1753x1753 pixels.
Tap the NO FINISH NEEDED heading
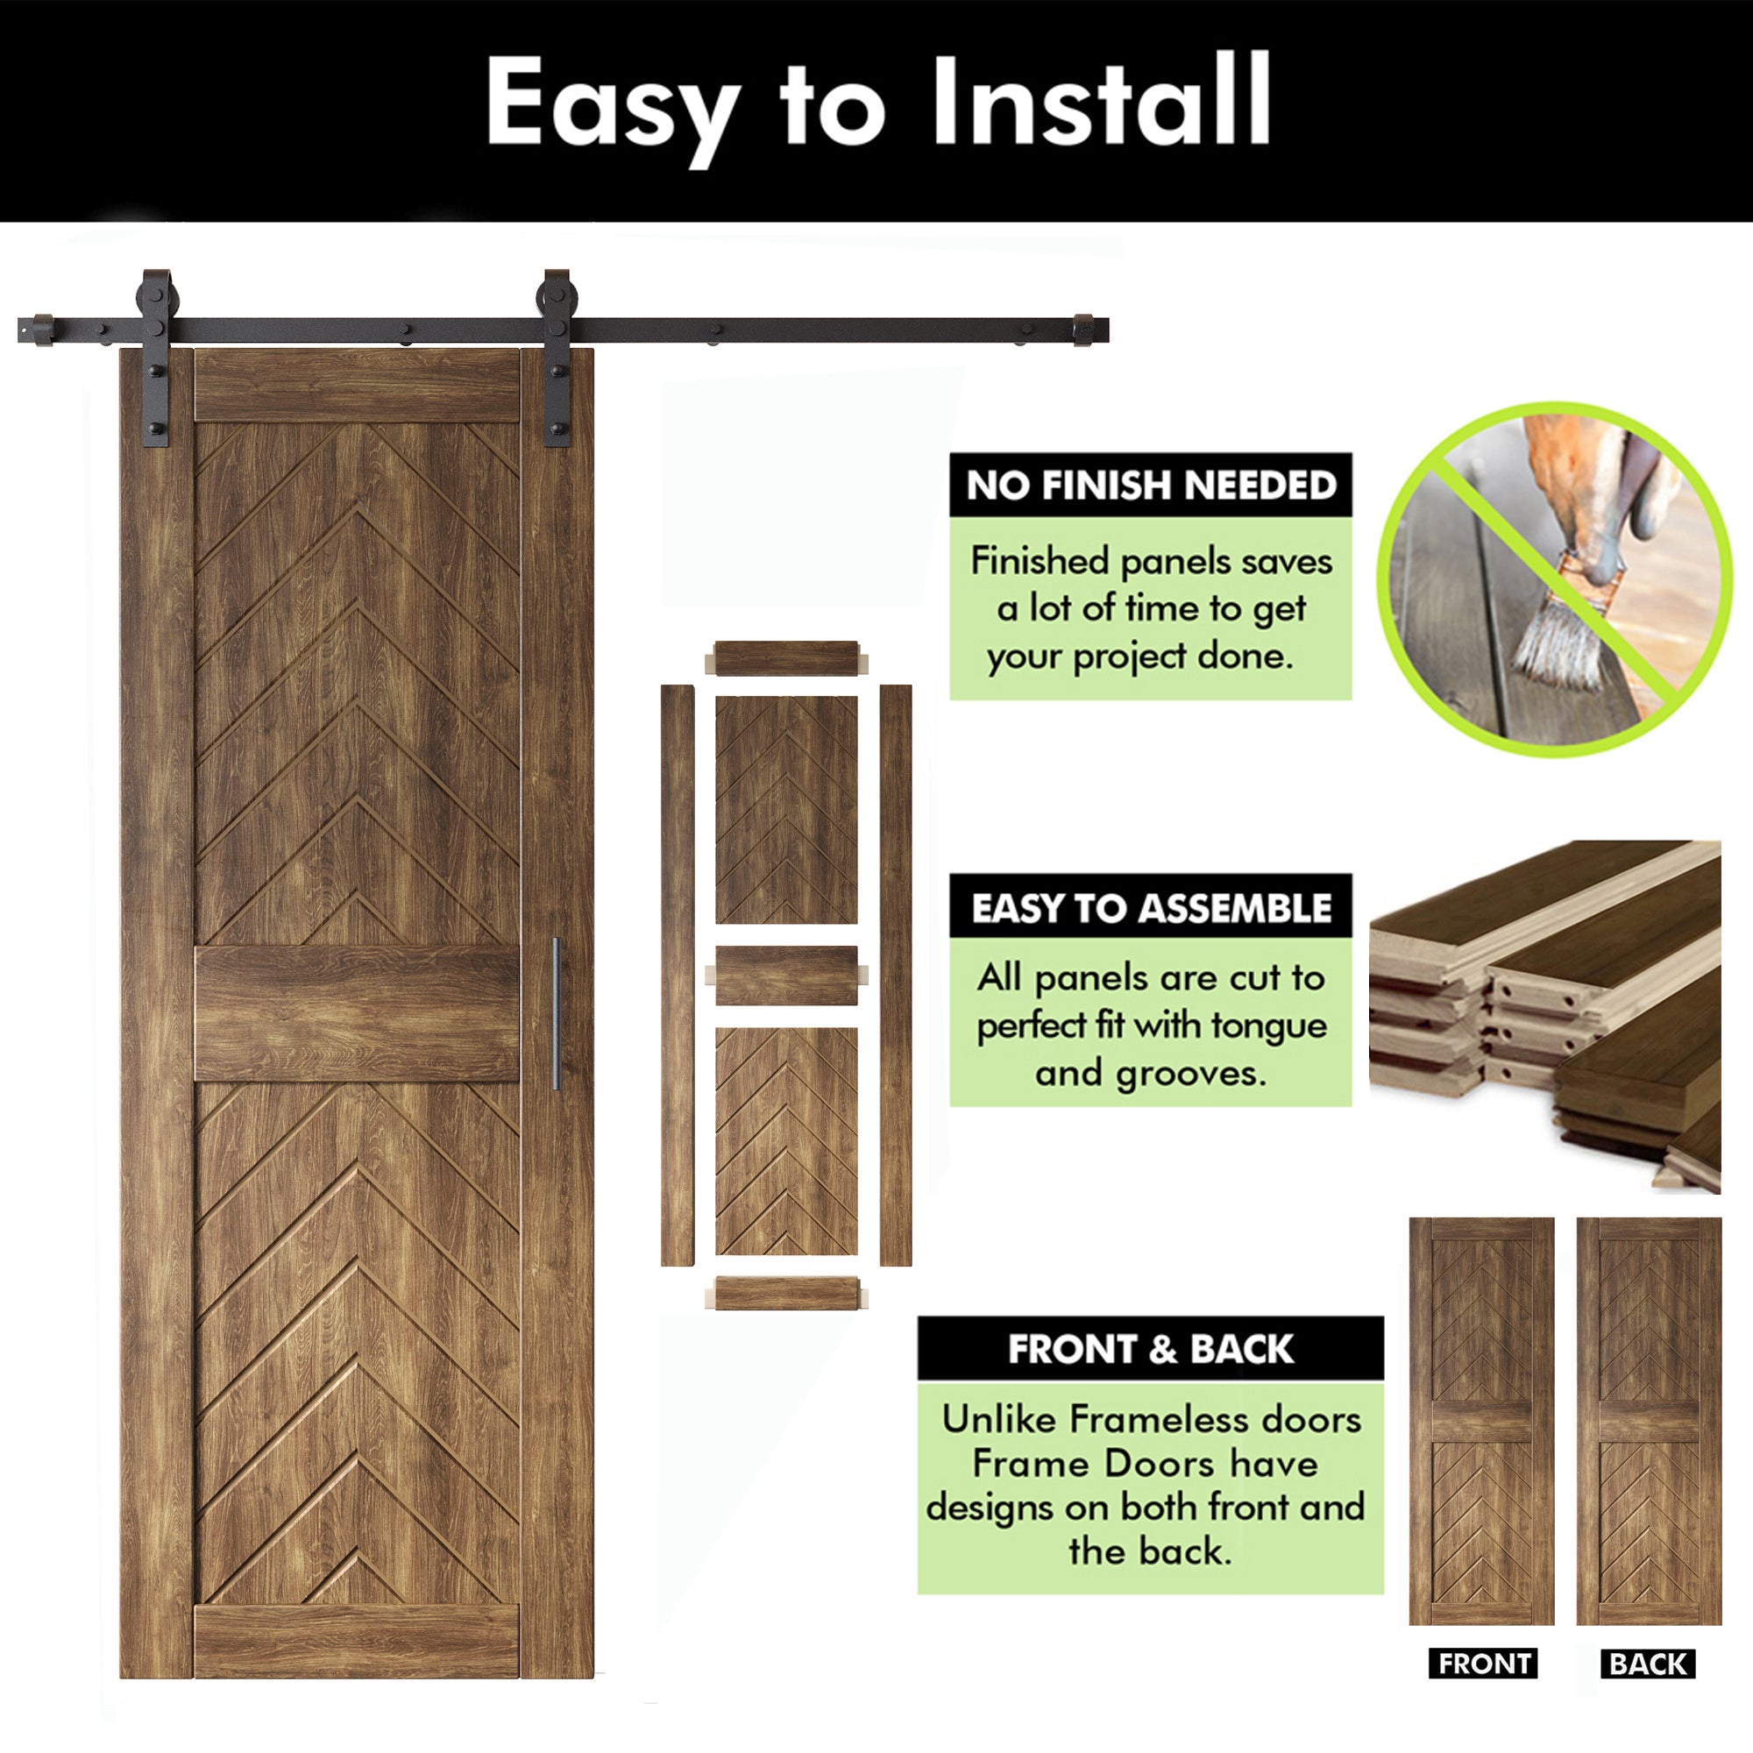point(1151,486)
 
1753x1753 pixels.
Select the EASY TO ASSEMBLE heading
point(1151,908)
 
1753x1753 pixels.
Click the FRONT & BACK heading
point(1151,1349)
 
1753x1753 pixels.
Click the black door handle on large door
point(557,1013)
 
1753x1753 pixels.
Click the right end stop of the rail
point(1085,330)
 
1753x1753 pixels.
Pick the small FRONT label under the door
point(1483,1664)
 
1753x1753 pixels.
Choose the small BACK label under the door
point(1648,1664)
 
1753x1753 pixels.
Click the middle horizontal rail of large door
point(357,1013)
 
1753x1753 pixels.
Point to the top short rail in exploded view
point(785,659)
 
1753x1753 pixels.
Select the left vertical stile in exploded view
point(677,976)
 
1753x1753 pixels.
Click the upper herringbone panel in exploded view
point(785,809)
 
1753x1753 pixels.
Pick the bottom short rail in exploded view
point(785,1293)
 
